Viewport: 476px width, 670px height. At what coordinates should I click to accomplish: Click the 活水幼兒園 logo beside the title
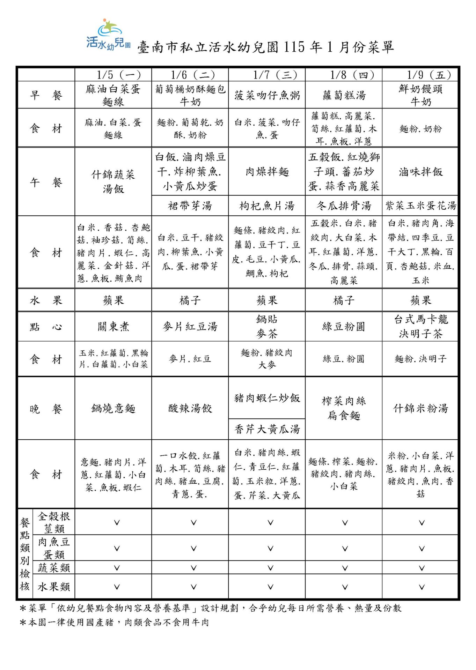tap(108, 35)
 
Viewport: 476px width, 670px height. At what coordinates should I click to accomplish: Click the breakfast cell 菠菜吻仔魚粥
tap(267, 95)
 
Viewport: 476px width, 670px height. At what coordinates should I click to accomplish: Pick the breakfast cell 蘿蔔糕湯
tap(344, 95)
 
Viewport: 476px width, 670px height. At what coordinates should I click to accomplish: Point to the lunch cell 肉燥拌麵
tap(267, 172)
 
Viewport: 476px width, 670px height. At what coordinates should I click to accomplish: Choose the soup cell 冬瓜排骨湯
tap(344, 206)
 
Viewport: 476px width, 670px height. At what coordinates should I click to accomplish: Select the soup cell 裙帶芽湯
tap(190, 206)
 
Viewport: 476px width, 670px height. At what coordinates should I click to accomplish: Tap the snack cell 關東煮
tap(113, 327)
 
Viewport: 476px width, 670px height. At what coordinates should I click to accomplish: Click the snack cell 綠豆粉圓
tap(344, 327)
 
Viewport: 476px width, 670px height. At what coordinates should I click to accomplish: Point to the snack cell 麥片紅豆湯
tap(190, 327)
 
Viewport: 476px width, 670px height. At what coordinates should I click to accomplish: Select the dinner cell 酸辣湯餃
tap(190, 408)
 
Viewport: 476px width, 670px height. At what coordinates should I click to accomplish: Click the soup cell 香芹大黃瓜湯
tap(267, 429)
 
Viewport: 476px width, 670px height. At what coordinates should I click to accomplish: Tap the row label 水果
tap(46, 300)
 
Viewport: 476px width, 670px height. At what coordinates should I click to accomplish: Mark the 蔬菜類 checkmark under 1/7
tap(270, 568)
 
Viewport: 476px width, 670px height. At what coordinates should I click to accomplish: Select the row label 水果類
tap(54, 587)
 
